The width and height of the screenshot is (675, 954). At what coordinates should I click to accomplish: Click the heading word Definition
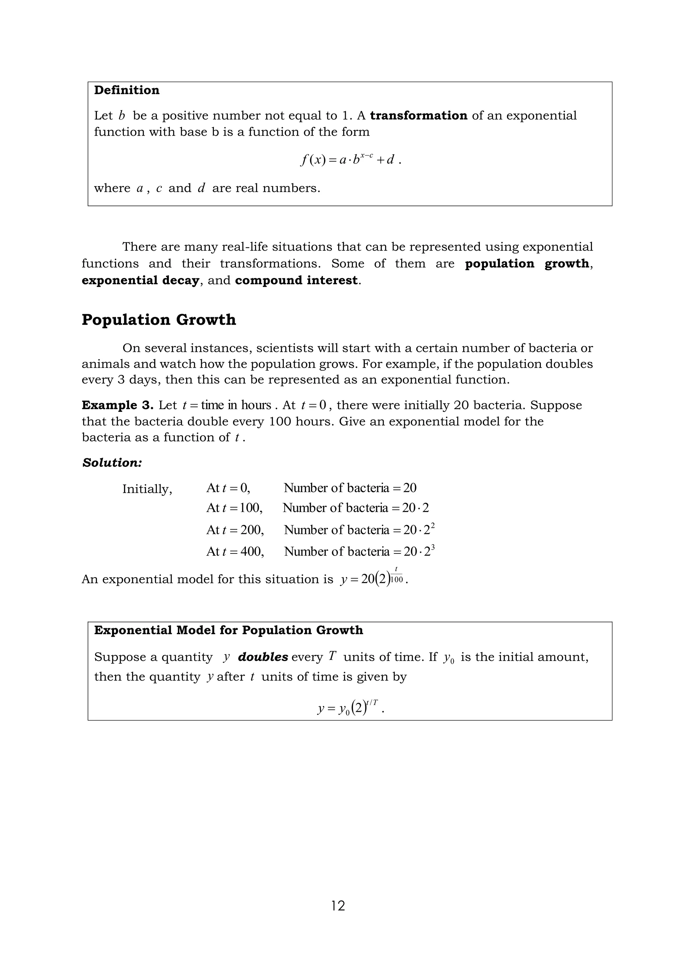[x=127, y=90]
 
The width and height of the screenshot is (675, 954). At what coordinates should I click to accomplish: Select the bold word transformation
[x=419, y=116]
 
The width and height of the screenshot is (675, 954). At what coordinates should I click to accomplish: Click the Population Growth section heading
[x=159, y=320]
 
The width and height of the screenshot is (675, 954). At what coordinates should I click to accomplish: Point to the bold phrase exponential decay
[x=140, y=280]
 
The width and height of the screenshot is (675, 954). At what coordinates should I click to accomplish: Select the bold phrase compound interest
[x=296, y=280]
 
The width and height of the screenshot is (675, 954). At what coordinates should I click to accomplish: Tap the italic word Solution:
[x=112, y=463]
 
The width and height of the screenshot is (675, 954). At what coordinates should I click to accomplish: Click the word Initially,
[x=147, y=489]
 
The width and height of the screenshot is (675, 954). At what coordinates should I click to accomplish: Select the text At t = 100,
[x=234, y=508]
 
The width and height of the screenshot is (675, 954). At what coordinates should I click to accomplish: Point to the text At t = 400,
[x=235, y=552]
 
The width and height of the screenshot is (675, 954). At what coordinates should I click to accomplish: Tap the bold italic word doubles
[x=263, y=657]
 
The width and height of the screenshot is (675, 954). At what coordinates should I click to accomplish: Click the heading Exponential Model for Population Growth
[x=229, y=630]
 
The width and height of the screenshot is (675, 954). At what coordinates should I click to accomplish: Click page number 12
[x=338, y=905]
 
